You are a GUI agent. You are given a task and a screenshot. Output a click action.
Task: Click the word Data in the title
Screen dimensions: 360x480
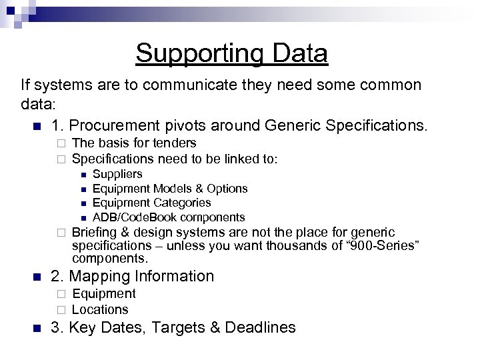(297, 53)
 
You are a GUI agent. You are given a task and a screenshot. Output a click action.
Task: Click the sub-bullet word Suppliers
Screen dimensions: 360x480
(117, 174)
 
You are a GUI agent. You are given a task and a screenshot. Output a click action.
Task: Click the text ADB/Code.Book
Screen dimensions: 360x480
(131, 217)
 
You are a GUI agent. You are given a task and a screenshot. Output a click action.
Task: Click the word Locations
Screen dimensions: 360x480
(99, 309)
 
